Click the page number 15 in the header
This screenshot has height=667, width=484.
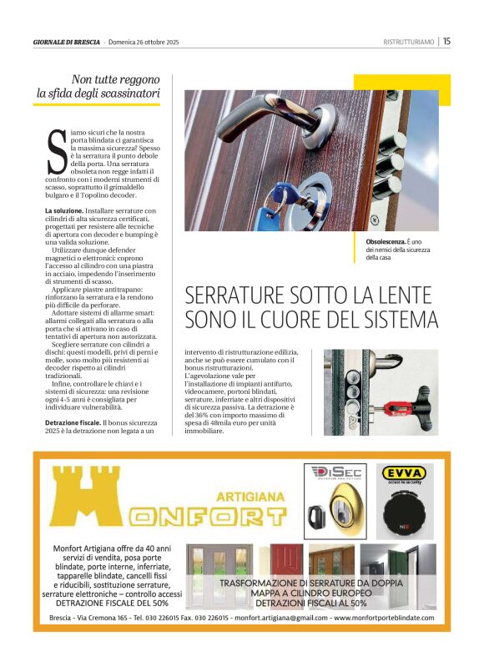(446, 41)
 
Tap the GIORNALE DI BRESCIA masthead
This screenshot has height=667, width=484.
(67, 42)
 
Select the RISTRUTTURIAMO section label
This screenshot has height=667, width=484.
(408, 42)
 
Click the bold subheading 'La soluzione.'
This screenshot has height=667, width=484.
(65, 211)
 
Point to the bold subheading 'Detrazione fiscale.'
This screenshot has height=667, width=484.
(73, 423)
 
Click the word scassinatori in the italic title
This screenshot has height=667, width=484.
(126, 94)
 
